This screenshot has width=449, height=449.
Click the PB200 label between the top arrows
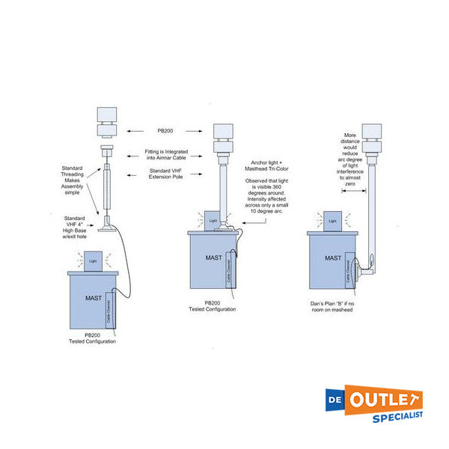tap(164, 130)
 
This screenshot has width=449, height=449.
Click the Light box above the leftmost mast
tap(93, 260)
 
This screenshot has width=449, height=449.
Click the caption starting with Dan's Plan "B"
tap(331, 305)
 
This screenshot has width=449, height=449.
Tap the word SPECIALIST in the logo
tap(398, 415)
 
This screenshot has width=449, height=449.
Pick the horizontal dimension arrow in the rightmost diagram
tap(354, 192)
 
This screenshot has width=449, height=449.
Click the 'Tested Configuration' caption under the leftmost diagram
tap(91, 341)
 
